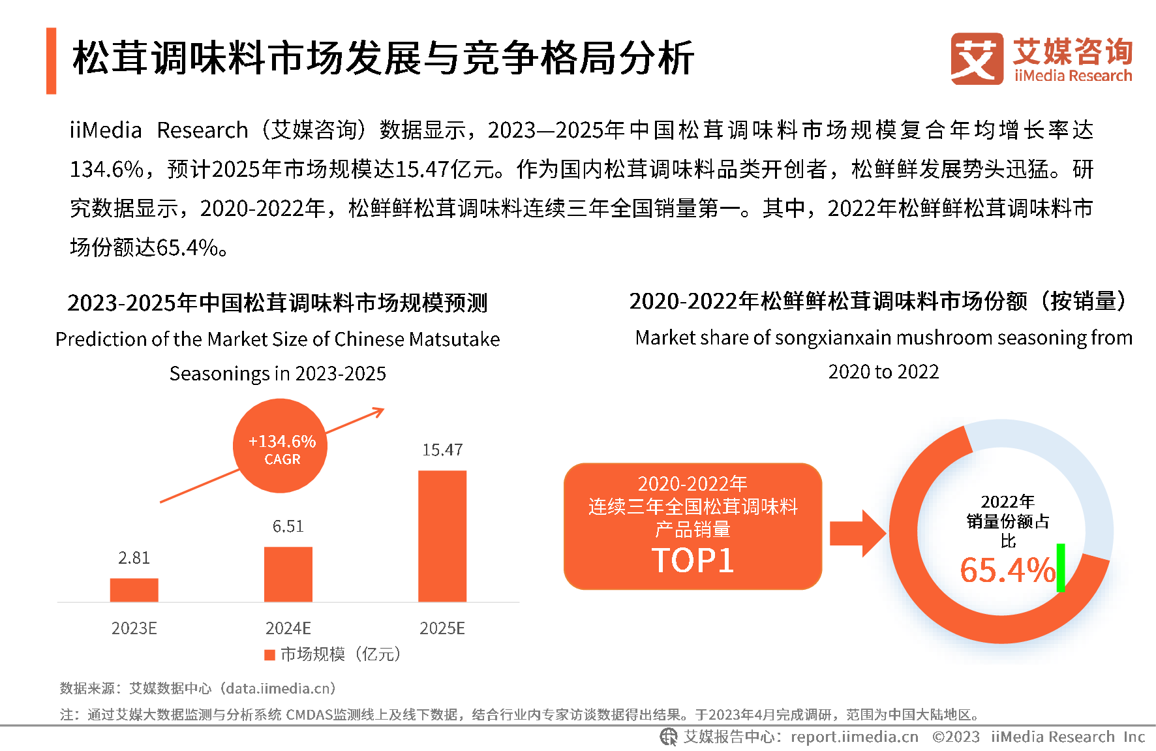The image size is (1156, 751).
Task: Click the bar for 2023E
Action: pos(134,590)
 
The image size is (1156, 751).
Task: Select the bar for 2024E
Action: pos(288,574)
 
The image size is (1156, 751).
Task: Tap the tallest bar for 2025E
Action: pos(442,536)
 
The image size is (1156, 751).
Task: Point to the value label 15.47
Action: pos(442,450)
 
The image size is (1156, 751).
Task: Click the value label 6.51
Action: pos(288,527)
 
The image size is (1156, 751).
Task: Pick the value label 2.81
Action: pos(134,558)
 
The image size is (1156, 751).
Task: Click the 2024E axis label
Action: pos(288,628)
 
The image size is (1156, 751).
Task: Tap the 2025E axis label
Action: pos(442,628)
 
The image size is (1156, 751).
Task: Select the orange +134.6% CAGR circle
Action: pos(281,446)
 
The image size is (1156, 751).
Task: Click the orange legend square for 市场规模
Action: pos(269,654)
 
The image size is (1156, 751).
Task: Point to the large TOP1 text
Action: pos(692,560)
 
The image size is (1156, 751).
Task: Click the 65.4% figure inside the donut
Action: pos(1007,570)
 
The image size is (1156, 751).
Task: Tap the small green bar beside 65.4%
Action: pos(1061,568)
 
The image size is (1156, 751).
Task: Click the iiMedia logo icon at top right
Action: pos(977,59)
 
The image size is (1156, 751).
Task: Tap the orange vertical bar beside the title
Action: pos(52,61)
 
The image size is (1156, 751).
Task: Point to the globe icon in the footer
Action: pos(668,737)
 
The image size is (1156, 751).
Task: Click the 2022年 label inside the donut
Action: pos(1007,502)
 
